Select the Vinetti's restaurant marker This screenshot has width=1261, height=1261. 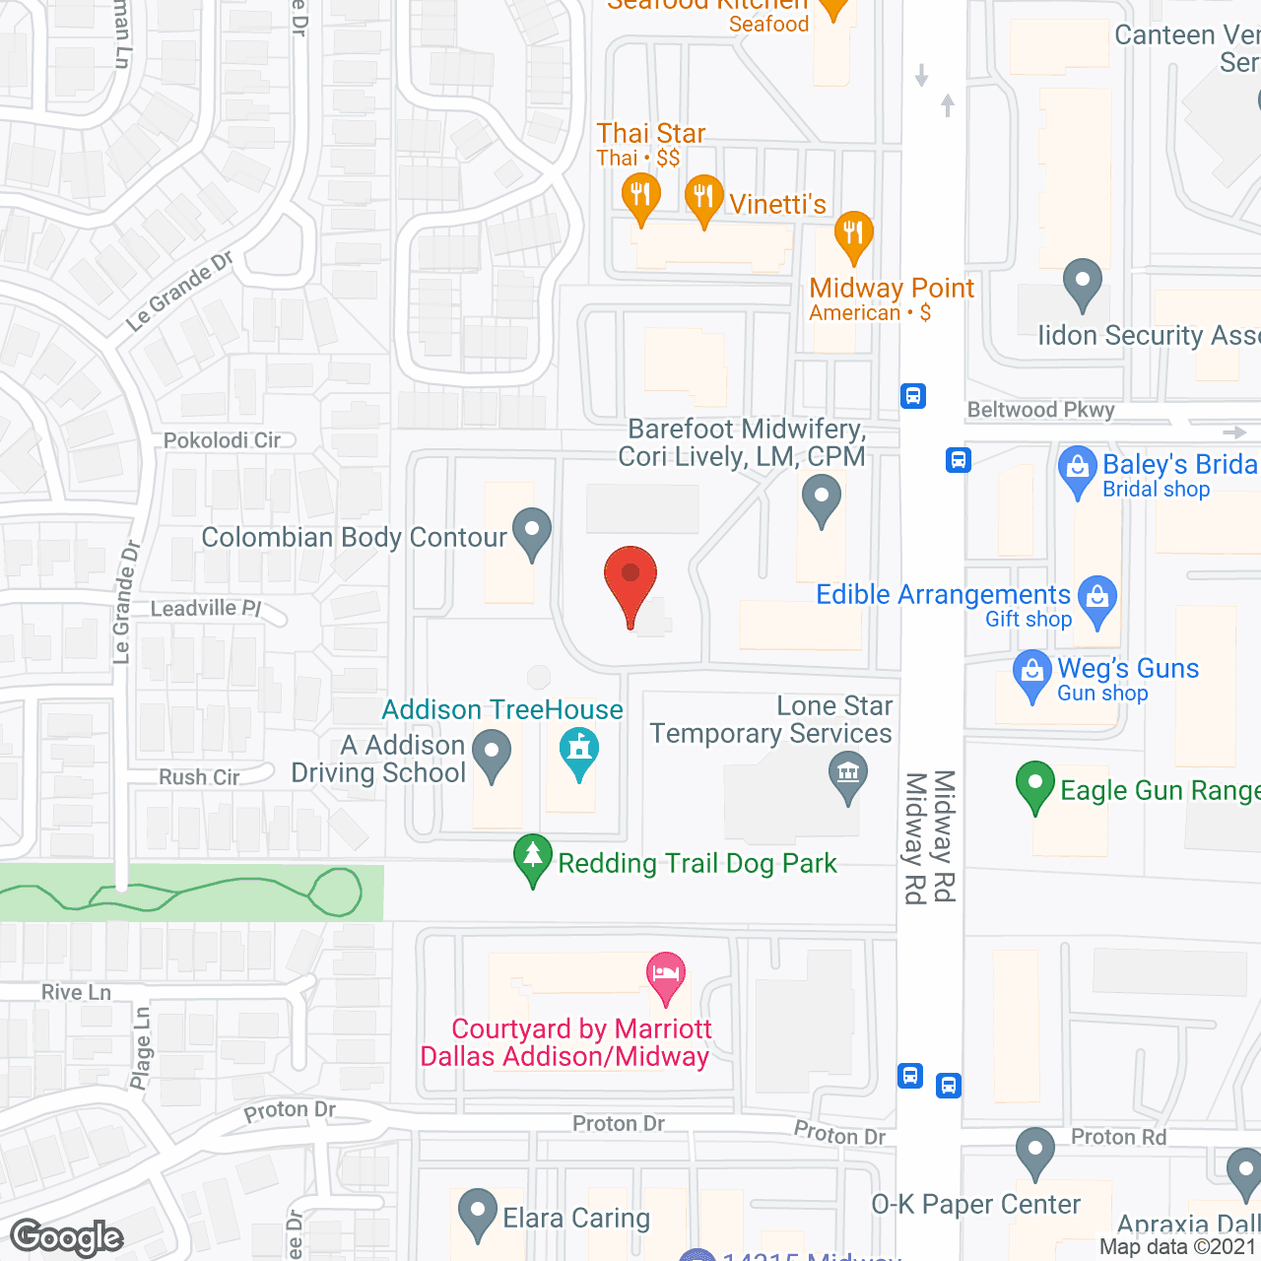tap(703, 198)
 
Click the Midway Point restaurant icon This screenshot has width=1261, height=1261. tap(853, 235)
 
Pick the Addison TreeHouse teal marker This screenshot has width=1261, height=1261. tap(579, 753)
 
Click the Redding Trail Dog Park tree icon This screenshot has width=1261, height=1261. tap(533, 858)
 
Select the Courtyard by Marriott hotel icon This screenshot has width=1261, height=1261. tap(666, 976)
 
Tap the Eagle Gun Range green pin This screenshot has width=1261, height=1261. tap(1034, 786)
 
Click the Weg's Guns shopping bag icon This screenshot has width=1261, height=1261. tap(1031, 674)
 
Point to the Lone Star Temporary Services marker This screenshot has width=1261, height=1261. tap(847, 774)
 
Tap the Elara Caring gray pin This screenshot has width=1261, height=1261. tap(478, 1214)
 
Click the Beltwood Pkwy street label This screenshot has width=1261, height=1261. tap(1040, 410)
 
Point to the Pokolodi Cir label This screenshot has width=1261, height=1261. tap(222, 440)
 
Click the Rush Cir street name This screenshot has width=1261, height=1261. tap(199, 777)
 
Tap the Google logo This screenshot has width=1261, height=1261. tap(67, 1237)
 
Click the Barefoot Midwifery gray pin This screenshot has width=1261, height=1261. tap(821, 498)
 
